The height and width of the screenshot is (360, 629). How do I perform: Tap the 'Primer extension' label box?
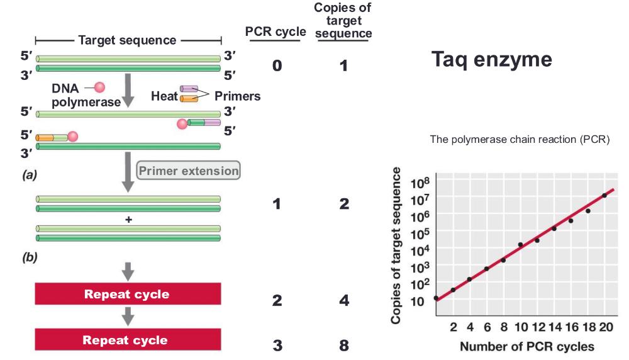(x=189, y=171)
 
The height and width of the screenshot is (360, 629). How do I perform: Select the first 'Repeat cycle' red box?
(x=128, y=294)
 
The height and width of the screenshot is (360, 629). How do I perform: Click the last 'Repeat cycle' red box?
(x=128, y=340)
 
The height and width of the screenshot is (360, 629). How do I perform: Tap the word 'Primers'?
(x=237, y=96)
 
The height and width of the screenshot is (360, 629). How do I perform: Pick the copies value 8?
(x=343, y=346)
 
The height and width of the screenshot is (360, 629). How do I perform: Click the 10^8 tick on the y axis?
(x=419, y=184)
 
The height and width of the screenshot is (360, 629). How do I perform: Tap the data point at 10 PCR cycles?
(x=520, y=244)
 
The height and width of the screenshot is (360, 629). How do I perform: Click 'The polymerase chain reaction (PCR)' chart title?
(x=520, y=140)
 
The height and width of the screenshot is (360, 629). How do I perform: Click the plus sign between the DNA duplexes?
(x=128, y=220)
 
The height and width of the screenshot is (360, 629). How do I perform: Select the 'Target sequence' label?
(x=128, y=40)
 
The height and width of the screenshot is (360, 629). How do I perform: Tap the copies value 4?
(x=343, y=300)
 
